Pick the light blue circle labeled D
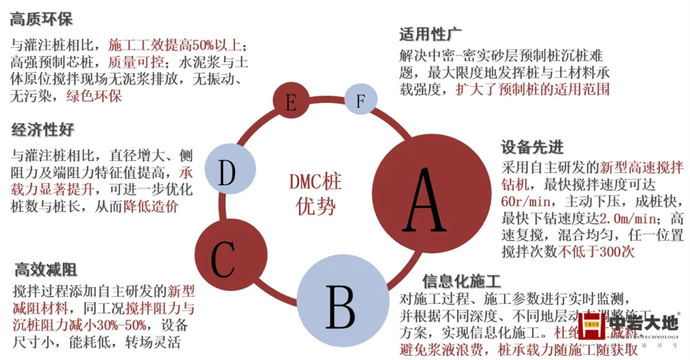(x=226, y=172)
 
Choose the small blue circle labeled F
(x=360, y=100)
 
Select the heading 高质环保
(x=42, y=20)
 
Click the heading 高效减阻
(x=46, y=270)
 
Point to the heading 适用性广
(x=429, y=35)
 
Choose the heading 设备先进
(x=532, y=147)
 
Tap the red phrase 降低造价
(x=150, y=205)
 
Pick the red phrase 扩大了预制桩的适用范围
(x=532, y=90)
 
